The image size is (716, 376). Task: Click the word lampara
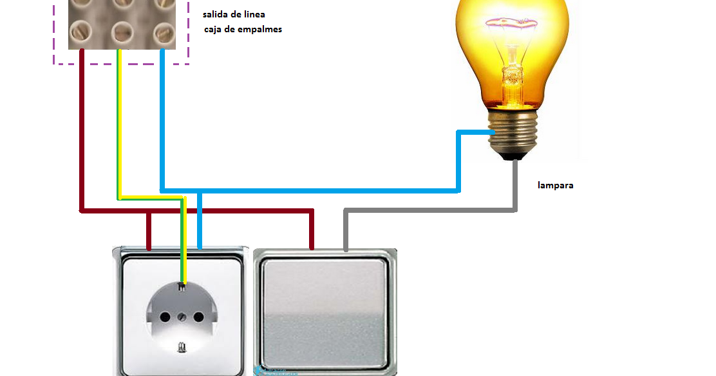coord(555,186)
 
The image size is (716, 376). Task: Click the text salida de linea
coord(233,14)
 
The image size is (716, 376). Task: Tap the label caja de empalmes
coord(243,29)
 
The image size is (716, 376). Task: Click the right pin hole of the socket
coord(198,317)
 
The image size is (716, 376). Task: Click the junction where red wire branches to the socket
coord(149,210)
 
